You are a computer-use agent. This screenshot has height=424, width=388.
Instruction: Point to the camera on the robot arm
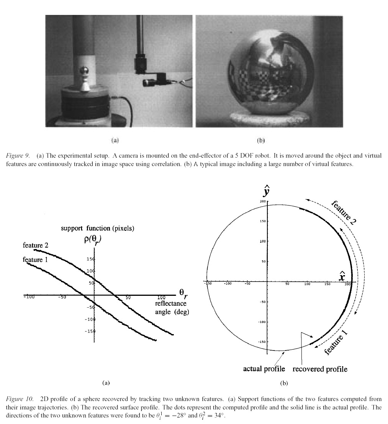coord(152,82)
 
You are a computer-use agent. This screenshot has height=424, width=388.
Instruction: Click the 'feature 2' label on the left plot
coord(36,245)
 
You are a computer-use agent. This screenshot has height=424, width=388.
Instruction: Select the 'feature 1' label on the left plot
coord(33,260)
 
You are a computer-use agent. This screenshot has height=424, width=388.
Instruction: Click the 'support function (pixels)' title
coord(97,228)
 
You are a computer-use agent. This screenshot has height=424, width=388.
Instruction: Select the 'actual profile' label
coord(264,369)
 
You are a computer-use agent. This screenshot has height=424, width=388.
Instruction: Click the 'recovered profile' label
coord(320,369)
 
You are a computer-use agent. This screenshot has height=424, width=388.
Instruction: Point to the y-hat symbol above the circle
coord(267,191)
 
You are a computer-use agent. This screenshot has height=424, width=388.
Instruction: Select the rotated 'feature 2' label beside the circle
coord(344,213)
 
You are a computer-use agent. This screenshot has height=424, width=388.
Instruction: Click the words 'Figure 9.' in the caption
coord(18,156)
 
